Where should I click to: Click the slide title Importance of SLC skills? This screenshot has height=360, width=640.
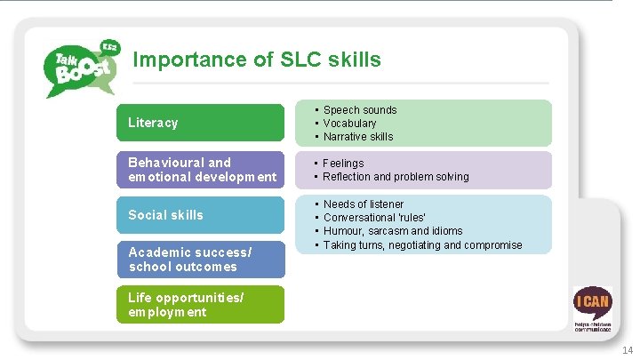[256, 60]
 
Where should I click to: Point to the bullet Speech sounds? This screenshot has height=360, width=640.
[359, 110]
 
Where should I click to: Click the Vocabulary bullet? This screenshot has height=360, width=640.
[349, 124]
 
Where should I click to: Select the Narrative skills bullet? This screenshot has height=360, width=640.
[357, 137]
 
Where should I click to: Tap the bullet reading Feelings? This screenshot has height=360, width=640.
[343, 164]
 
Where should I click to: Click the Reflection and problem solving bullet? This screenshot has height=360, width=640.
[396, 177]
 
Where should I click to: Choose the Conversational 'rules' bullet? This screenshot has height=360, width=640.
[374, 218]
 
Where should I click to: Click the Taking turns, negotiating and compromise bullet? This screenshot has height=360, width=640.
[422, 244]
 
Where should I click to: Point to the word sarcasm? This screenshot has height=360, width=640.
[387, 231]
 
